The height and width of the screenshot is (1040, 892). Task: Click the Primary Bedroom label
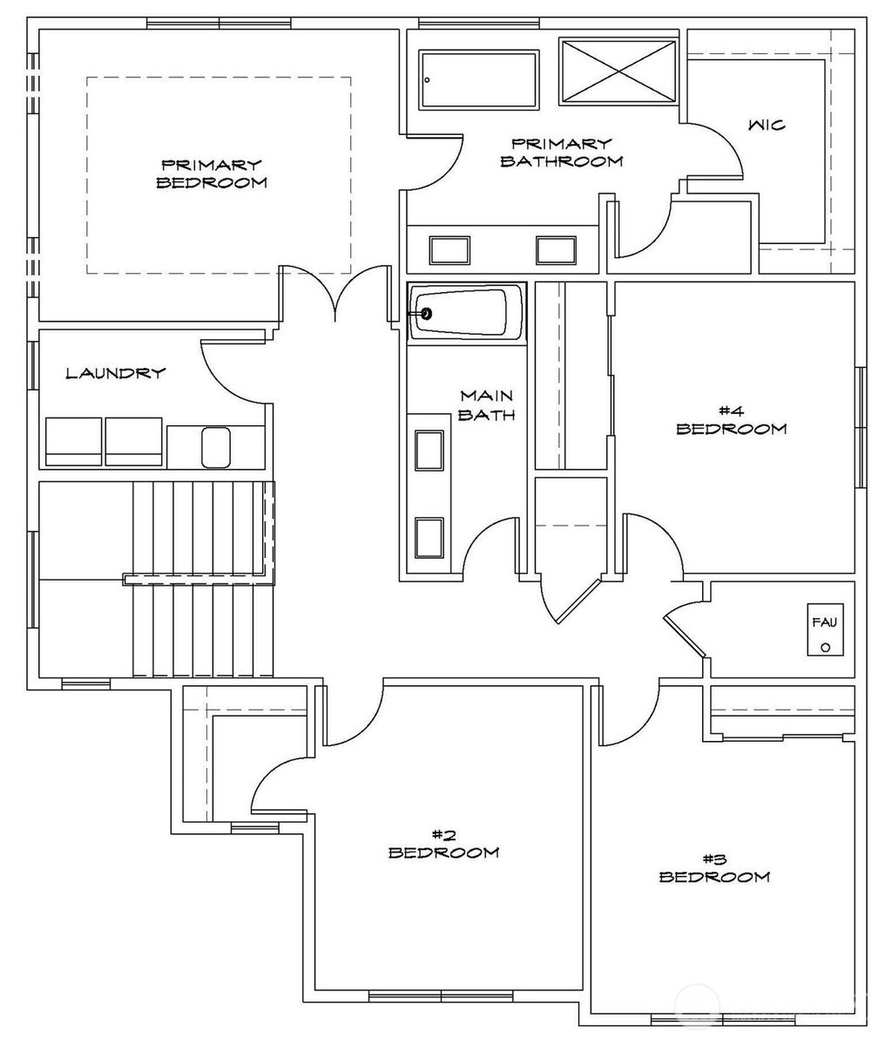(211, 173)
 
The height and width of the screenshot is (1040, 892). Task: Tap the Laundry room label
(116, 374)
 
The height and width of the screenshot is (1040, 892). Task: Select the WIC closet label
(767, 126)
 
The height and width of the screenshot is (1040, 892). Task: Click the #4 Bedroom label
(731, 420)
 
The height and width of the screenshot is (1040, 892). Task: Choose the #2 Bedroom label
(443, 844)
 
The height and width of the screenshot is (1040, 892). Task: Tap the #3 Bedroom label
(714, 868)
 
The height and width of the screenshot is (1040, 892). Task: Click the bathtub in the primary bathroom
(478, 80)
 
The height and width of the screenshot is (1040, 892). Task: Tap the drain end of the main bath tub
(426, 314)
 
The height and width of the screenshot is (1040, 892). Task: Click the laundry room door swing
(231, 370)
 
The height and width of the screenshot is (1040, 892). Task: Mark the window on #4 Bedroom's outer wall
(861, 426)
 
